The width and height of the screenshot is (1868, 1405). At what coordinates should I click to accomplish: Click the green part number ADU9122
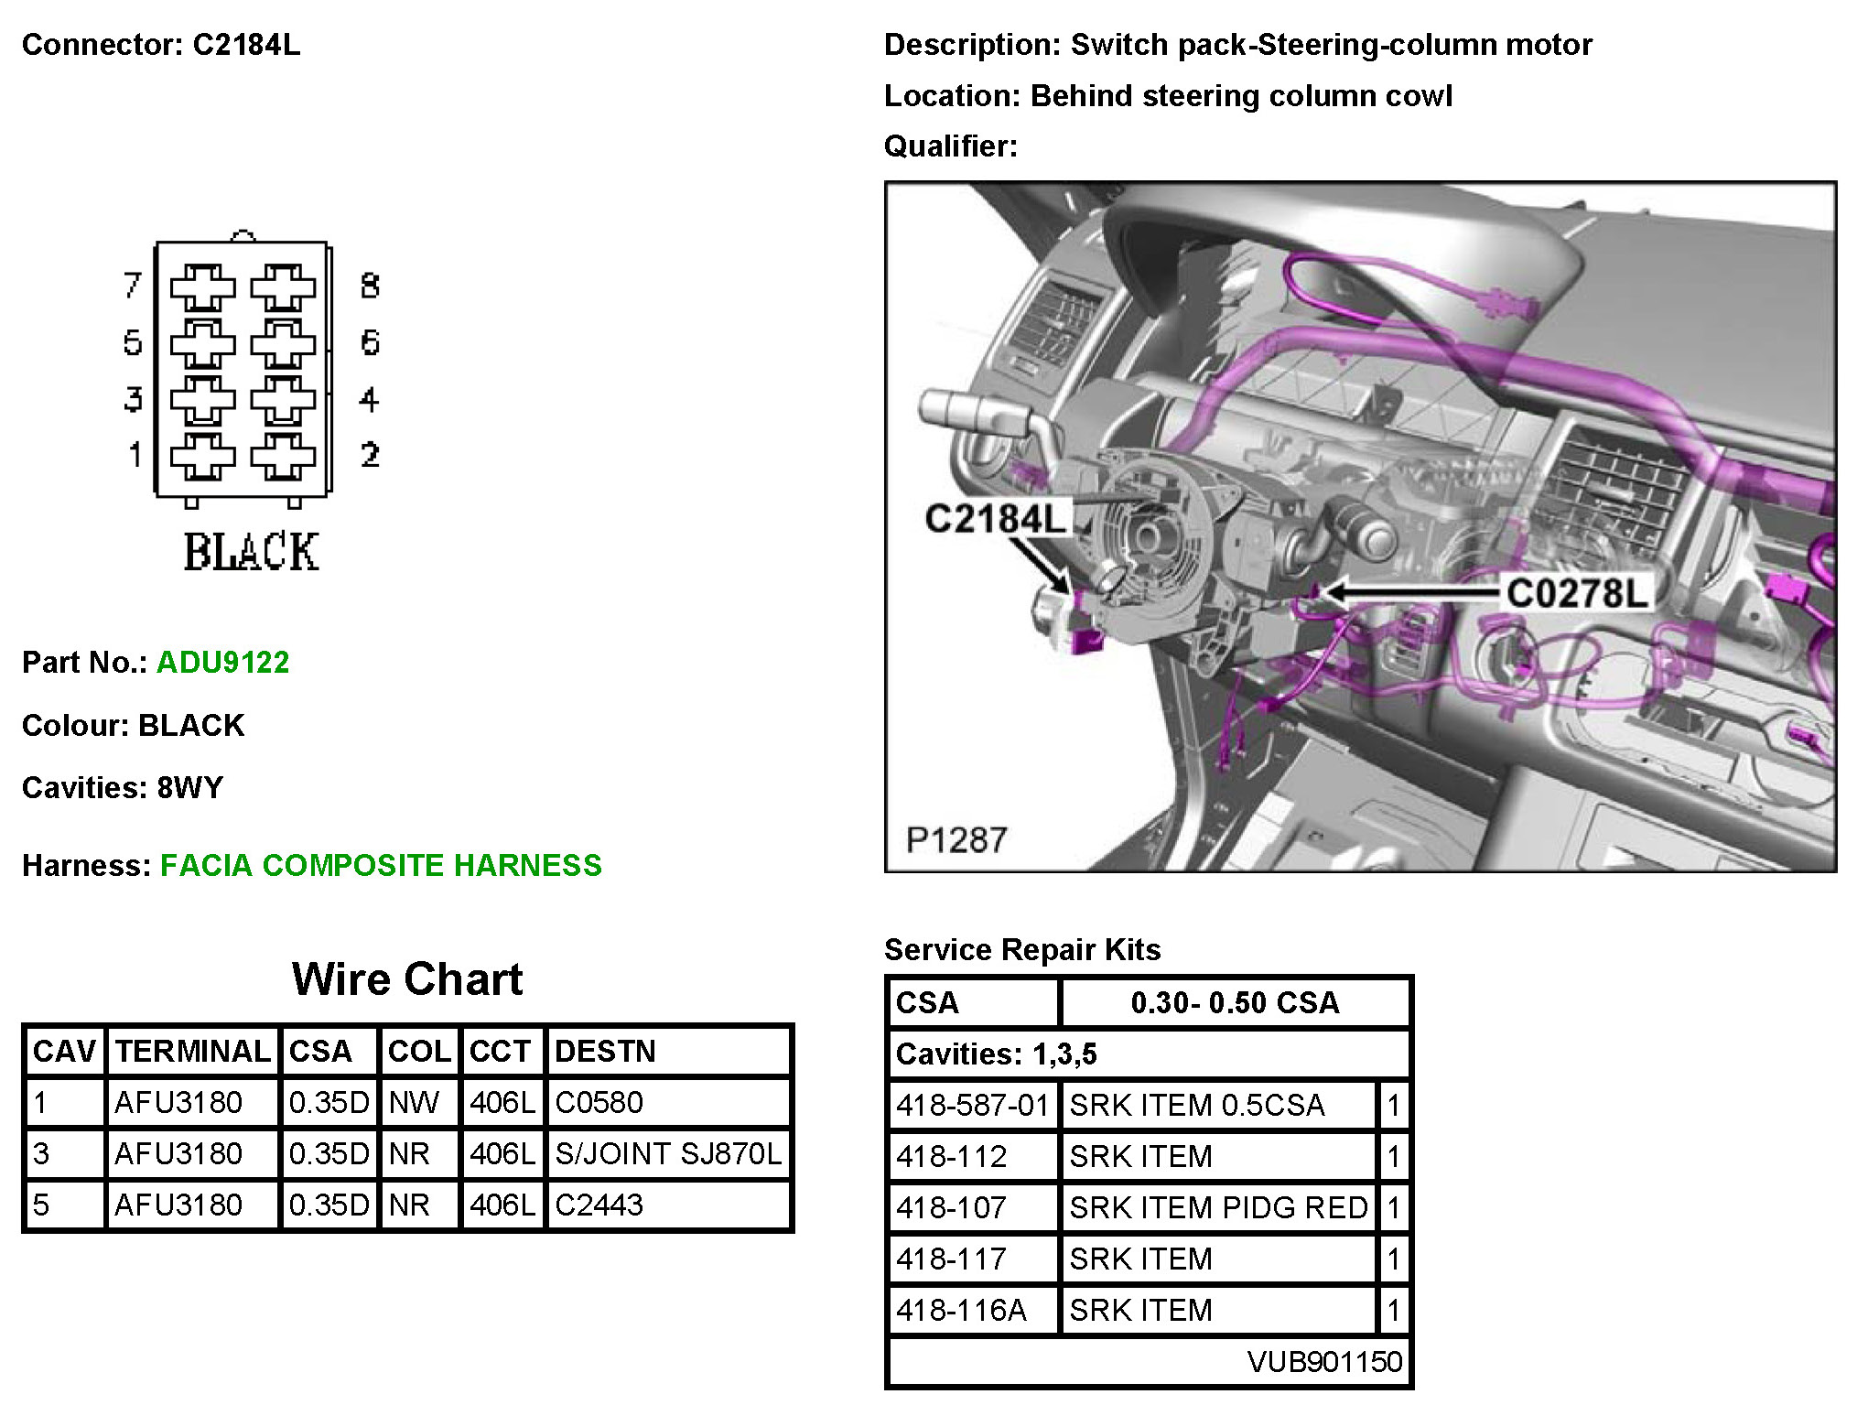(x=222, y=662)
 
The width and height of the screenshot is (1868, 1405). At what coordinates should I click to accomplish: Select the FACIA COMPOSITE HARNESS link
(x=381, y=865)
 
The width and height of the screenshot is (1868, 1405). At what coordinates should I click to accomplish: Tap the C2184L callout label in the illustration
(x=995, y=519)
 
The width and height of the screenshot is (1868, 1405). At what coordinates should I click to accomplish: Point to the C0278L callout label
(x=1576, y=593)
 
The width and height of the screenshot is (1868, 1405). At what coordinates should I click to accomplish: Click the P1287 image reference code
(x=956, y=839)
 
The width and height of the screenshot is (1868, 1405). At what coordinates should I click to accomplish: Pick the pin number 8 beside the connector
(x=370, y=286)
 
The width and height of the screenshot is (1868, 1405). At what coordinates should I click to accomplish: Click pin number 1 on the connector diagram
(x=135, y=454)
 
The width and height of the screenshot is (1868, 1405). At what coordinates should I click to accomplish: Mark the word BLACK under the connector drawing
(x=251, y=552)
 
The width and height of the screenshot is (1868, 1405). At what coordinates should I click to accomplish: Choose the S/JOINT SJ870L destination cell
(x=668, y=1153)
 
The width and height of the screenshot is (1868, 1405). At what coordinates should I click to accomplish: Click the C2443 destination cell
(x=599, y=1205)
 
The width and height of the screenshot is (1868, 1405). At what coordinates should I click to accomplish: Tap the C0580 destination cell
(x=599, y=1102)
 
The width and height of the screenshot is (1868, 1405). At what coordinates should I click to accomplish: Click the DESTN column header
(x=605, y=1051)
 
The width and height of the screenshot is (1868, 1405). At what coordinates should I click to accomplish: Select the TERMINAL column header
(x=192, y=1051)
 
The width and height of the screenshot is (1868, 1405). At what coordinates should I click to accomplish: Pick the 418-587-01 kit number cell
(x=972, y=1105)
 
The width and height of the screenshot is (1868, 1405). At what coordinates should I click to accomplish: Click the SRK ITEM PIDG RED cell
(x=1217, y=1207)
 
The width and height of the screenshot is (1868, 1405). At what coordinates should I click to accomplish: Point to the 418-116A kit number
(x=961, y=1310)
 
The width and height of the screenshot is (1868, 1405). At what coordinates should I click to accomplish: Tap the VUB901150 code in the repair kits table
(x=1323, y=1361)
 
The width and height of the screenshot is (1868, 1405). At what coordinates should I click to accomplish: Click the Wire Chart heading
(x=407, y=978)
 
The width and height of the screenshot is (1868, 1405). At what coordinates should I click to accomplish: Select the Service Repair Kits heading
(x=1022, y=949)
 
